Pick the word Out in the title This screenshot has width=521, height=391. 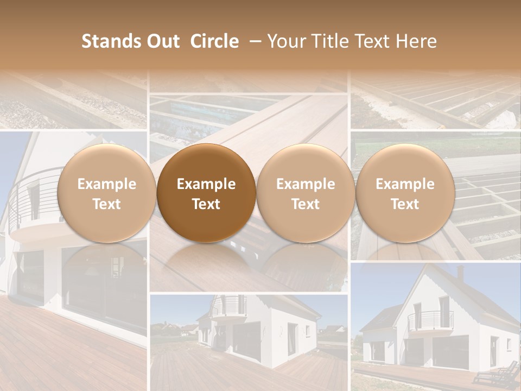162,41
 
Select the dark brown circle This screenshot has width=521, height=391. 206,193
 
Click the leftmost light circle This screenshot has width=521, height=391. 107,193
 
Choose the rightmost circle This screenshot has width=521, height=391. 405,193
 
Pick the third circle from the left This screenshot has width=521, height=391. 306,193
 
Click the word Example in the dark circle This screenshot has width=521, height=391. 206,184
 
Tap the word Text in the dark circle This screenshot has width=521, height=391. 206,204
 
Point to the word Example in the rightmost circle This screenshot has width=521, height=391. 405,184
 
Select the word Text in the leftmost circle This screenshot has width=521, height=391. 107,204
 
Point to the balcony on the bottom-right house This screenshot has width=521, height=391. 430,320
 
